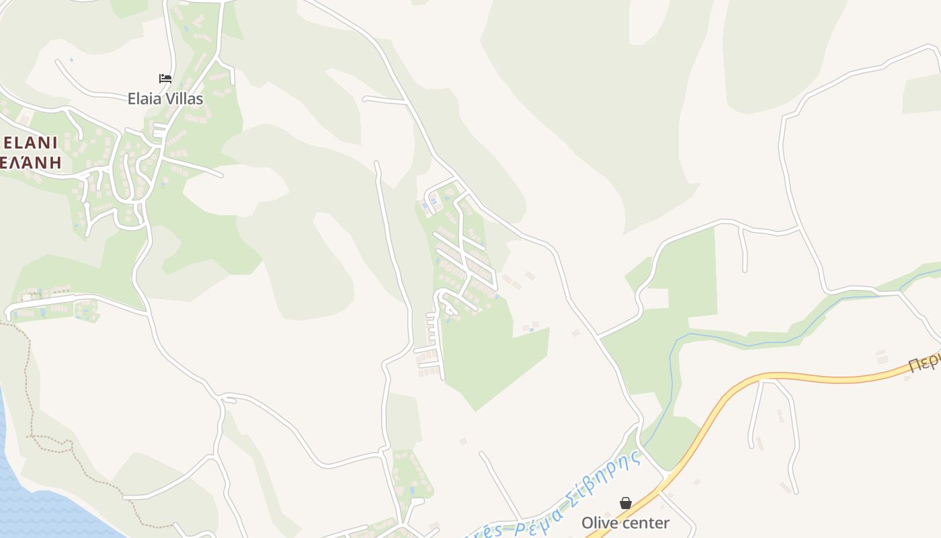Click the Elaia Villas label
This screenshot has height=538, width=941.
(x=165, y=99)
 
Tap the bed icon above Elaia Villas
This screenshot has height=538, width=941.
(x=165, y=79)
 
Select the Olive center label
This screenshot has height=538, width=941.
(x=625, y=523)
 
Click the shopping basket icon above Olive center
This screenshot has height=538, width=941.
(x=626, y=503)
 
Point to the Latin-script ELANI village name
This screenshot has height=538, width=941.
(x=30, y=143)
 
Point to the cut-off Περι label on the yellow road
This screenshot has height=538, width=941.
(x=925, y=362)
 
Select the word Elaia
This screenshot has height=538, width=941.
(x=145, y=99)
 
